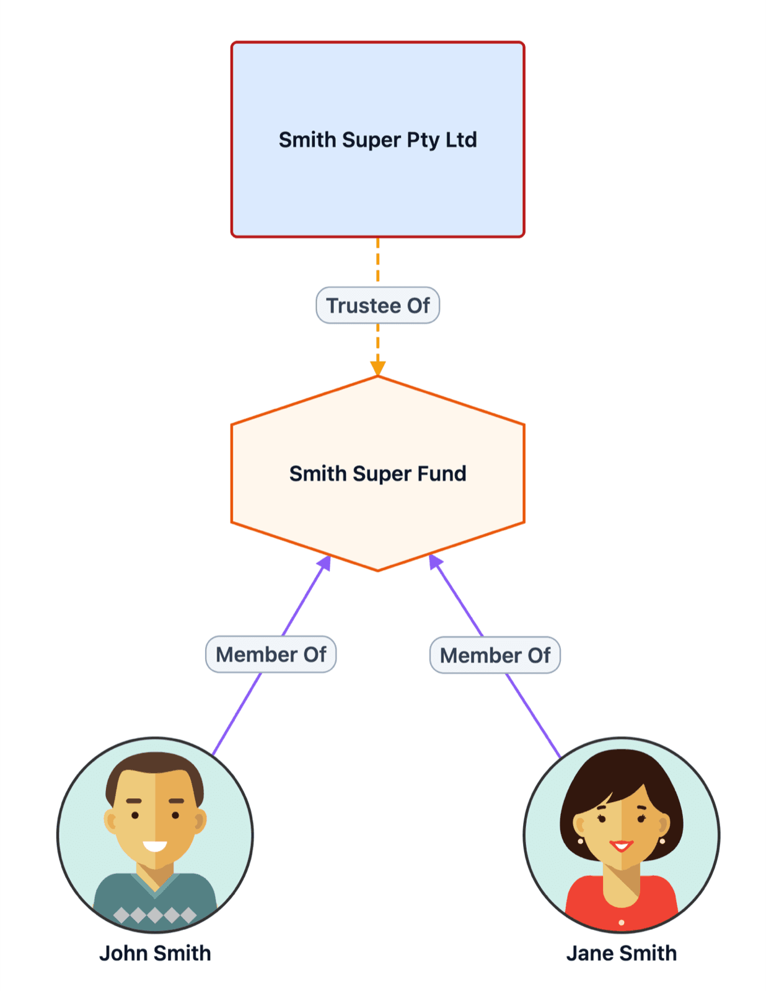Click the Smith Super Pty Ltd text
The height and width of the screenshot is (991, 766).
[x=377, y=140]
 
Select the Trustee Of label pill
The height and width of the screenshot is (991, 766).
[x=377, y=305]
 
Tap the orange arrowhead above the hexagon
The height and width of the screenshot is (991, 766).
[x=378, y=368]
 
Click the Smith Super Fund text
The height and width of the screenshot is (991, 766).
[x=377, y=474]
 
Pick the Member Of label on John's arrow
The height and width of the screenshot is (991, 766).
[x=271, y=655]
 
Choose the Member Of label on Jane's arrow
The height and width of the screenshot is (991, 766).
[x=495, y=655]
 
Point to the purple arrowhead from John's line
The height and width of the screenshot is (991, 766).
[x=325, y=562]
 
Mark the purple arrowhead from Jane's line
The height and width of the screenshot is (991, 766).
[x=435, y=561]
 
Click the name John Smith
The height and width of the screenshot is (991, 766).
[x=155, y=953]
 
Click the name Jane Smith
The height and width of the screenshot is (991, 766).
[x=621, y=953]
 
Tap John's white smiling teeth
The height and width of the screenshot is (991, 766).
[x=155, y=846]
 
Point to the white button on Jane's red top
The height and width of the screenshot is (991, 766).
[x=622, y=923]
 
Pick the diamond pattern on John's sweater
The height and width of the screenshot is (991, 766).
[x=155, y=915]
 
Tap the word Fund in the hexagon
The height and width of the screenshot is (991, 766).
[x=441, y=474]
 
